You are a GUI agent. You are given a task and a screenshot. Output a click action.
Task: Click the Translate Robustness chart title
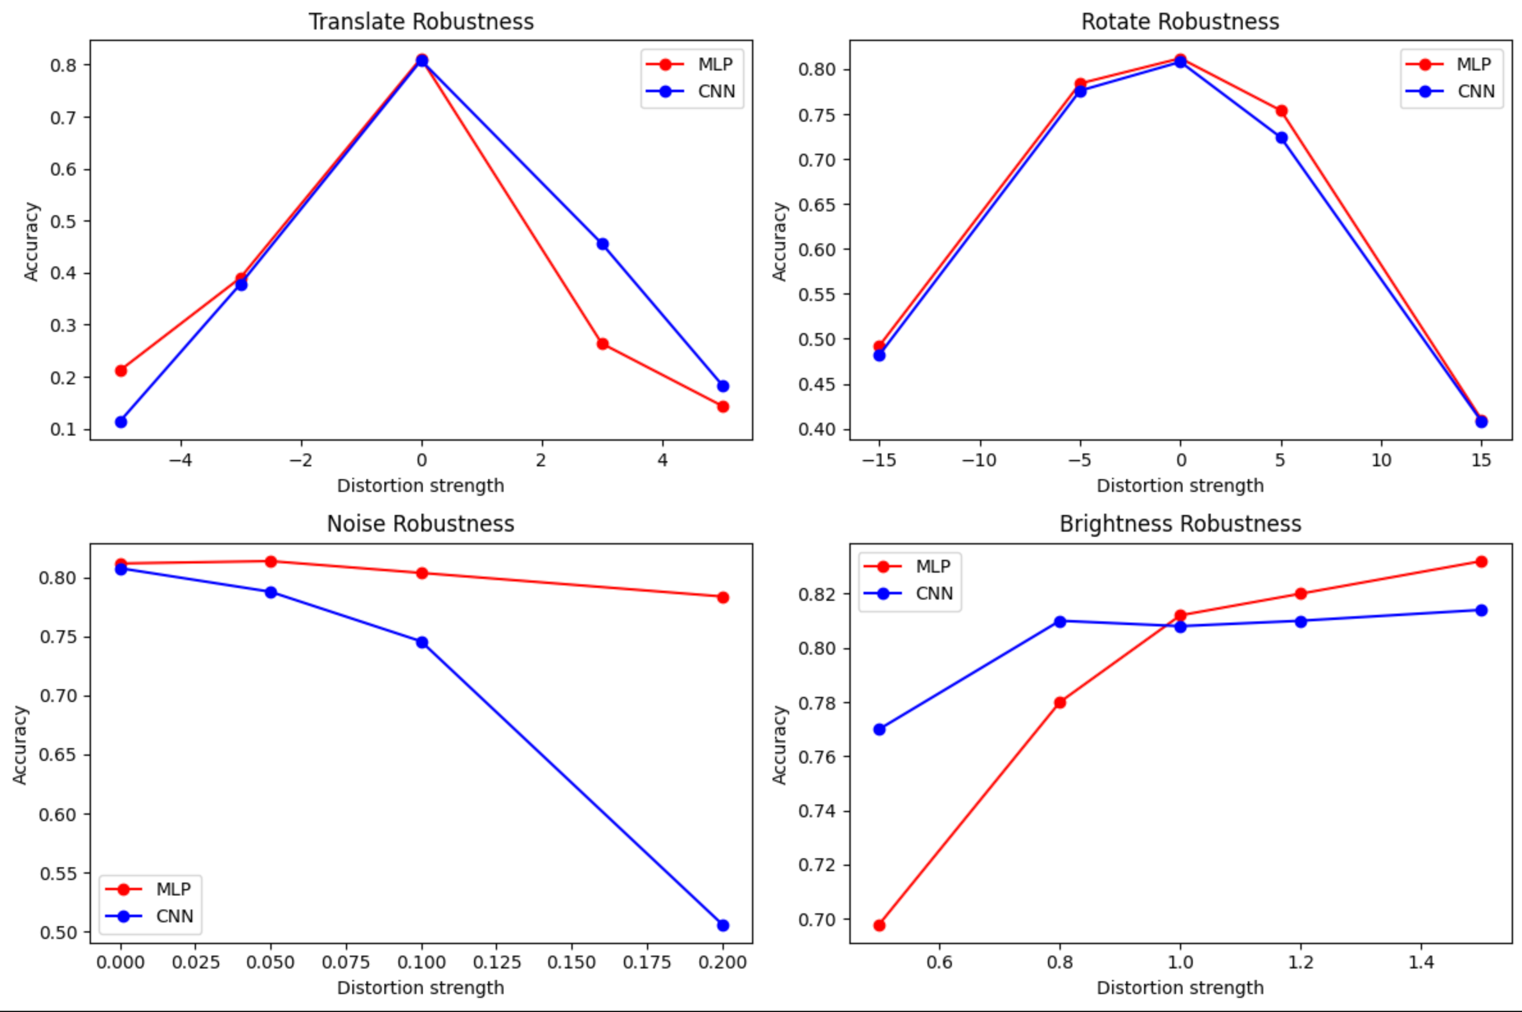point(421,21)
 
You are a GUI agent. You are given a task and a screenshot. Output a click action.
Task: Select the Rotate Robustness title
point(1180,21)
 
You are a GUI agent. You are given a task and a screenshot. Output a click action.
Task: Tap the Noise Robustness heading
point(420,523)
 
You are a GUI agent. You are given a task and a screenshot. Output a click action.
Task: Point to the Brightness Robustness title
point(1180,523)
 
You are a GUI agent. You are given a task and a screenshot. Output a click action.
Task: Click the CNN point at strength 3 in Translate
point(602,244)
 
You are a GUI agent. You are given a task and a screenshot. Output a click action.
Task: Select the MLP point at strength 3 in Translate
point(602,344)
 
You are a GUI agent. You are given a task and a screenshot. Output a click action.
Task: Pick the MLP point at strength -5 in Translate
point(120,370)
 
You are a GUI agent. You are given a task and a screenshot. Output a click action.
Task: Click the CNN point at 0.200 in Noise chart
point(723,926)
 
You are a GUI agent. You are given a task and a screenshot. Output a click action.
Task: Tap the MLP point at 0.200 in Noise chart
point(723,598)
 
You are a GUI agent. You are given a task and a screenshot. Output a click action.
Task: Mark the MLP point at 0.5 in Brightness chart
point(879,926)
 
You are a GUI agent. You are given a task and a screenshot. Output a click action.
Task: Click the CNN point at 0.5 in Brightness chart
point(879,730)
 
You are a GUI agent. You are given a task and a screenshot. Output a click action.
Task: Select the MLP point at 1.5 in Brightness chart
point(1482,562)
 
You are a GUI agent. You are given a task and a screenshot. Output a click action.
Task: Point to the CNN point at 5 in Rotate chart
point(1281,138)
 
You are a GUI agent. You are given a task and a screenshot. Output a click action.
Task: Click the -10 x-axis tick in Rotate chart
point(979,460)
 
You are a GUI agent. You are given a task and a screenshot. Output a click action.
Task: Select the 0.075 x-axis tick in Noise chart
point(345,962)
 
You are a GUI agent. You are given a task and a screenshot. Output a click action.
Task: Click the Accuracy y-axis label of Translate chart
point(31,241)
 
